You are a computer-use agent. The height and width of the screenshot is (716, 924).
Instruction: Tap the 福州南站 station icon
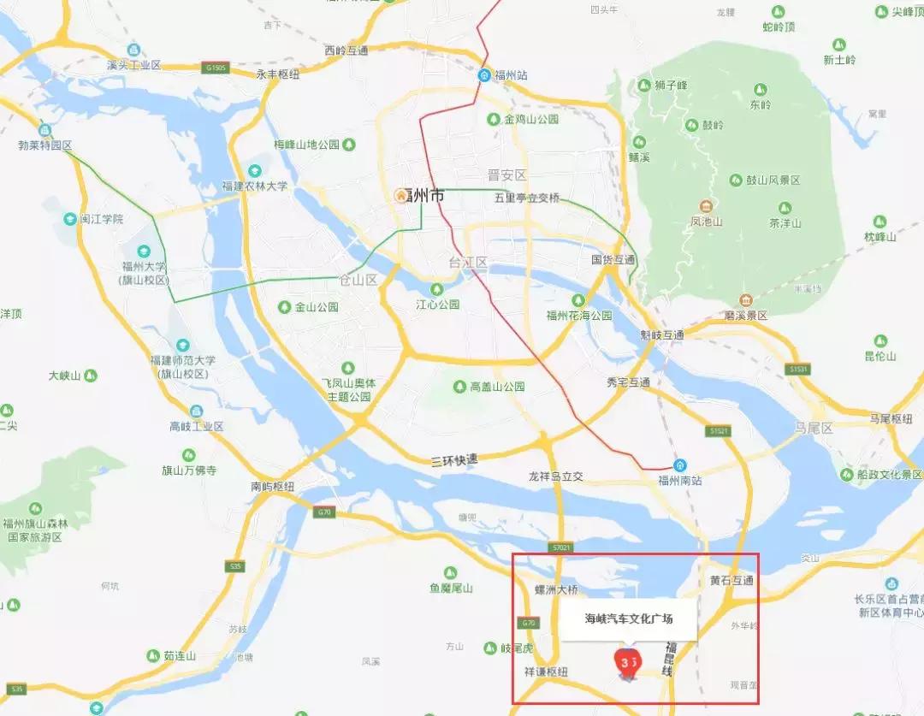679,465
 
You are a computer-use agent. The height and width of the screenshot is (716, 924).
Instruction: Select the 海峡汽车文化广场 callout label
629,618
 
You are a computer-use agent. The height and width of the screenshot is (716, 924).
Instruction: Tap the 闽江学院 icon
70,219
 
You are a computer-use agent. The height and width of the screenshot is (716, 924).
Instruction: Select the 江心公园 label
438,304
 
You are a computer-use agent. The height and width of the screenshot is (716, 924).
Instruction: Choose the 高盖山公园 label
497,387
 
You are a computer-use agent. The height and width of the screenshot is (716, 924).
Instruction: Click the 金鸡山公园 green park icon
494,119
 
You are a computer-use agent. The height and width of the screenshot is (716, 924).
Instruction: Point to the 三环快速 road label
454,460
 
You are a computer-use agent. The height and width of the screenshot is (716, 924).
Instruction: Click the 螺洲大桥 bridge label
556,589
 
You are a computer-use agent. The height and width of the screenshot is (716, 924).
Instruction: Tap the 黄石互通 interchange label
731,581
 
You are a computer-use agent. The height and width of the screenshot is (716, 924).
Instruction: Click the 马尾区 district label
813,428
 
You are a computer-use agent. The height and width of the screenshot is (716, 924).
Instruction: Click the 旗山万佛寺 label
189,470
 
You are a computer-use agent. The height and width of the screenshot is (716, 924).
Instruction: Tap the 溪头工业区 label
134,65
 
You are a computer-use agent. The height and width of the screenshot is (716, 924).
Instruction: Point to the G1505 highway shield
216,67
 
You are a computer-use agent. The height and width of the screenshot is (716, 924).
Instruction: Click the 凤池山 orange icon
706,206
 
